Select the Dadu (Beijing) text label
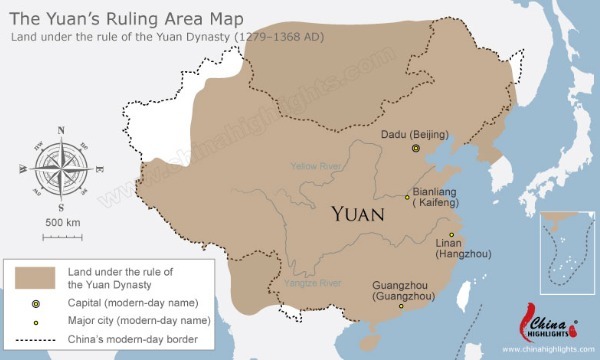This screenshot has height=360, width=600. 415,134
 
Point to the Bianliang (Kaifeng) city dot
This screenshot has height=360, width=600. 407,197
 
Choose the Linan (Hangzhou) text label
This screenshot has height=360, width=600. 462,248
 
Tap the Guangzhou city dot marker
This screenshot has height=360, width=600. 402,306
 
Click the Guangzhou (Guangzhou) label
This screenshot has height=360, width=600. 403,291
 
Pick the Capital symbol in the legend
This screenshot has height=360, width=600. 35,302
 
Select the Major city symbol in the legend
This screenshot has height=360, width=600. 35,320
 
